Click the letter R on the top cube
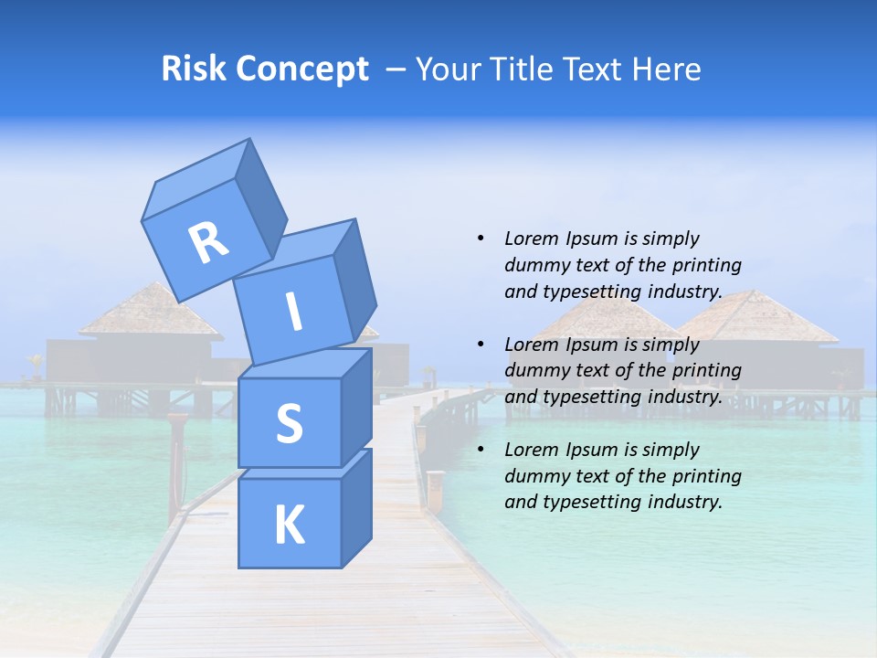coord(208,243)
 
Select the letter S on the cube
coord(289,422)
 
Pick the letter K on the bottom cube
coord(289,525)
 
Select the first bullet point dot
coord(481,239)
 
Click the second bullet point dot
coord(481,345)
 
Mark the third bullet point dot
coord(481,450)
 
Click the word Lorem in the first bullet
coord(530,239)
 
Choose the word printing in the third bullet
coord(707,476)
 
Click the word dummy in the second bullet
coord(534,371)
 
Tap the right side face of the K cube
coord(356,507)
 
